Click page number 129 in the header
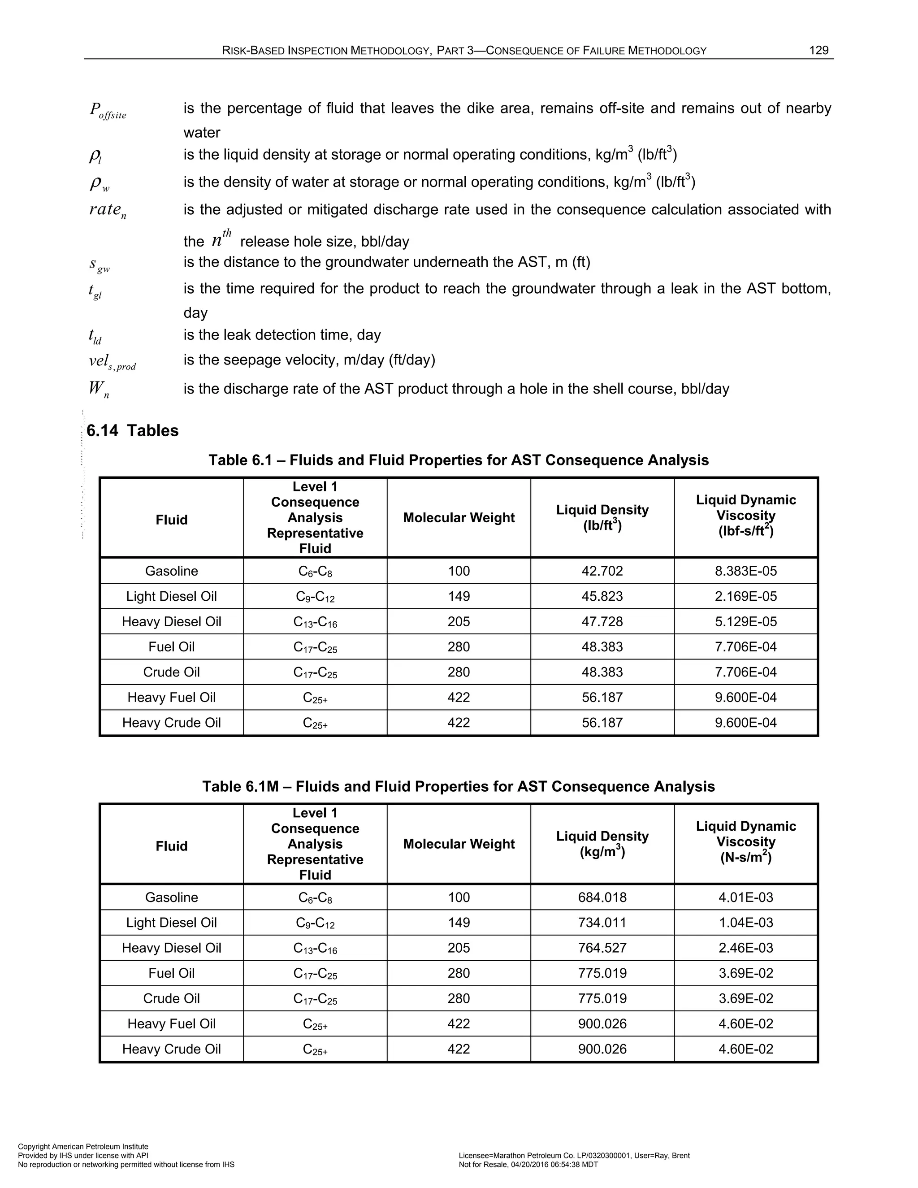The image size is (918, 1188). click(x=818, y=51)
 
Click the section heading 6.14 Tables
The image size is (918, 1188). click(x=132, y=430)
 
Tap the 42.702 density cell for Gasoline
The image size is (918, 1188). click(x=602, y=571)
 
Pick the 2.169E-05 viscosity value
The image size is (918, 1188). click(x=745, y=596)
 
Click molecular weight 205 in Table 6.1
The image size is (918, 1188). click(x=459, y=621)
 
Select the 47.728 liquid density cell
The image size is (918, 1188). click(x=602, y=621)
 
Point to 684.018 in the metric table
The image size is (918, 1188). click(x=602, y=897)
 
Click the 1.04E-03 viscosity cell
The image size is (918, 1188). click(x=745, y=923)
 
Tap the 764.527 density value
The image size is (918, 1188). click(x=602, y=948)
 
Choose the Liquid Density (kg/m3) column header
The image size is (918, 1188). click(x=602, y=844)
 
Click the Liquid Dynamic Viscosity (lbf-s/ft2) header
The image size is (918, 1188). click(x=745, y=515)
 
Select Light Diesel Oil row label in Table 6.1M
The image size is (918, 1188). click(x=171, y=923)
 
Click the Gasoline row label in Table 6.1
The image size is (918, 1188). click(x=171, y=571)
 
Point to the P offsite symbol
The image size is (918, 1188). click(x=108, y=111)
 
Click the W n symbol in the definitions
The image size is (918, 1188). click(x=99, y=390)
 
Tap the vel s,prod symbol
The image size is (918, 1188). click(x=112, y=362)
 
